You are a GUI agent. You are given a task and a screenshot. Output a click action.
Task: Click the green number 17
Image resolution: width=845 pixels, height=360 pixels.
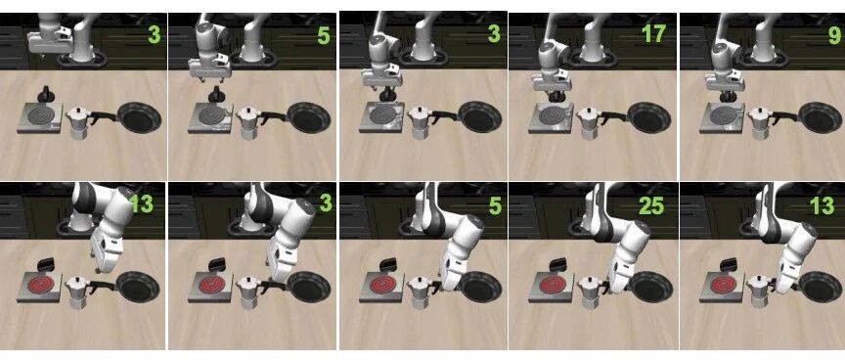pos(653,34)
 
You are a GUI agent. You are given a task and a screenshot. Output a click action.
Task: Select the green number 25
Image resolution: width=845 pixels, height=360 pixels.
pos(650,205)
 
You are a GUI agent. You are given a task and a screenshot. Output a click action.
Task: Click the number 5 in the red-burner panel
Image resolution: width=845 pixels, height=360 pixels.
pos(495,205)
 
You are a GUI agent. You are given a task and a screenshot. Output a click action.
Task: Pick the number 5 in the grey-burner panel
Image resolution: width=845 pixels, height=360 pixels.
pos(323,35)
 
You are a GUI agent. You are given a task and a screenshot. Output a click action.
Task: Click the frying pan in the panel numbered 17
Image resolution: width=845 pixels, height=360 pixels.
pos(648,117)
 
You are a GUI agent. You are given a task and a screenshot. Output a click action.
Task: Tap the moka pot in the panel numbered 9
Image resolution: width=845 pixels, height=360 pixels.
pos(759,123)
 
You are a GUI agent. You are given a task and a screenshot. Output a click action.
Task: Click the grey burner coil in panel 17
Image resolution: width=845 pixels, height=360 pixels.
pos(551,114)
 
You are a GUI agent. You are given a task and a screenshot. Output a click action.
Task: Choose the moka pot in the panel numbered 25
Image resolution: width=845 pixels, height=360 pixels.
pos(589,292)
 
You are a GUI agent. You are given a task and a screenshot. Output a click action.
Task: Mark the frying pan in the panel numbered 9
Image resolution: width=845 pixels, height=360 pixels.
pos(820,117)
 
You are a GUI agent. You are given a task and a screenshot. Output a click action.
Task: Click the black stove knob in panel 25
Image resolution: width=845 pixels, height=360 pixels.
pos(557,263)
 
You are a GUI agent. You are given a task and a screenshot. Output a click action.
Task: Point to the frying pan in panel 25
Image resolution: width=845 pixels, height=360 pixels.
pos(650,287)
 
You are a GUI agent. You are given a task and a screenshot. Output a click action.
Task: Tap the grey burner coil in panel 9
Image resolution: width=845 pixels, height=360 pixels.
pos(722,115)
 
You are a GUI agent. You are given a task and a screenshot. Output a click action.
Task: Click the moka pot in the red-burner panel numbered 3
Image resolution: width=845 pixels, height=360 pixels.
pos(248,292)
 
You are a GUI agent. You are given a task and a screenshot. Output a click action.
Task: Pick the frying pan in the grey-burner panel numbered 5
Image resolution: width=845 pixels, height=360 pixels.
pos(309,117)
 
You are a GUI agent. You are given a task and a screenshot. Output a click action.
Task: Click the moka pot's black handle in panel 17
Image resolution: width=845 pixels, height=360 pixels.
pos(613,114)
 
